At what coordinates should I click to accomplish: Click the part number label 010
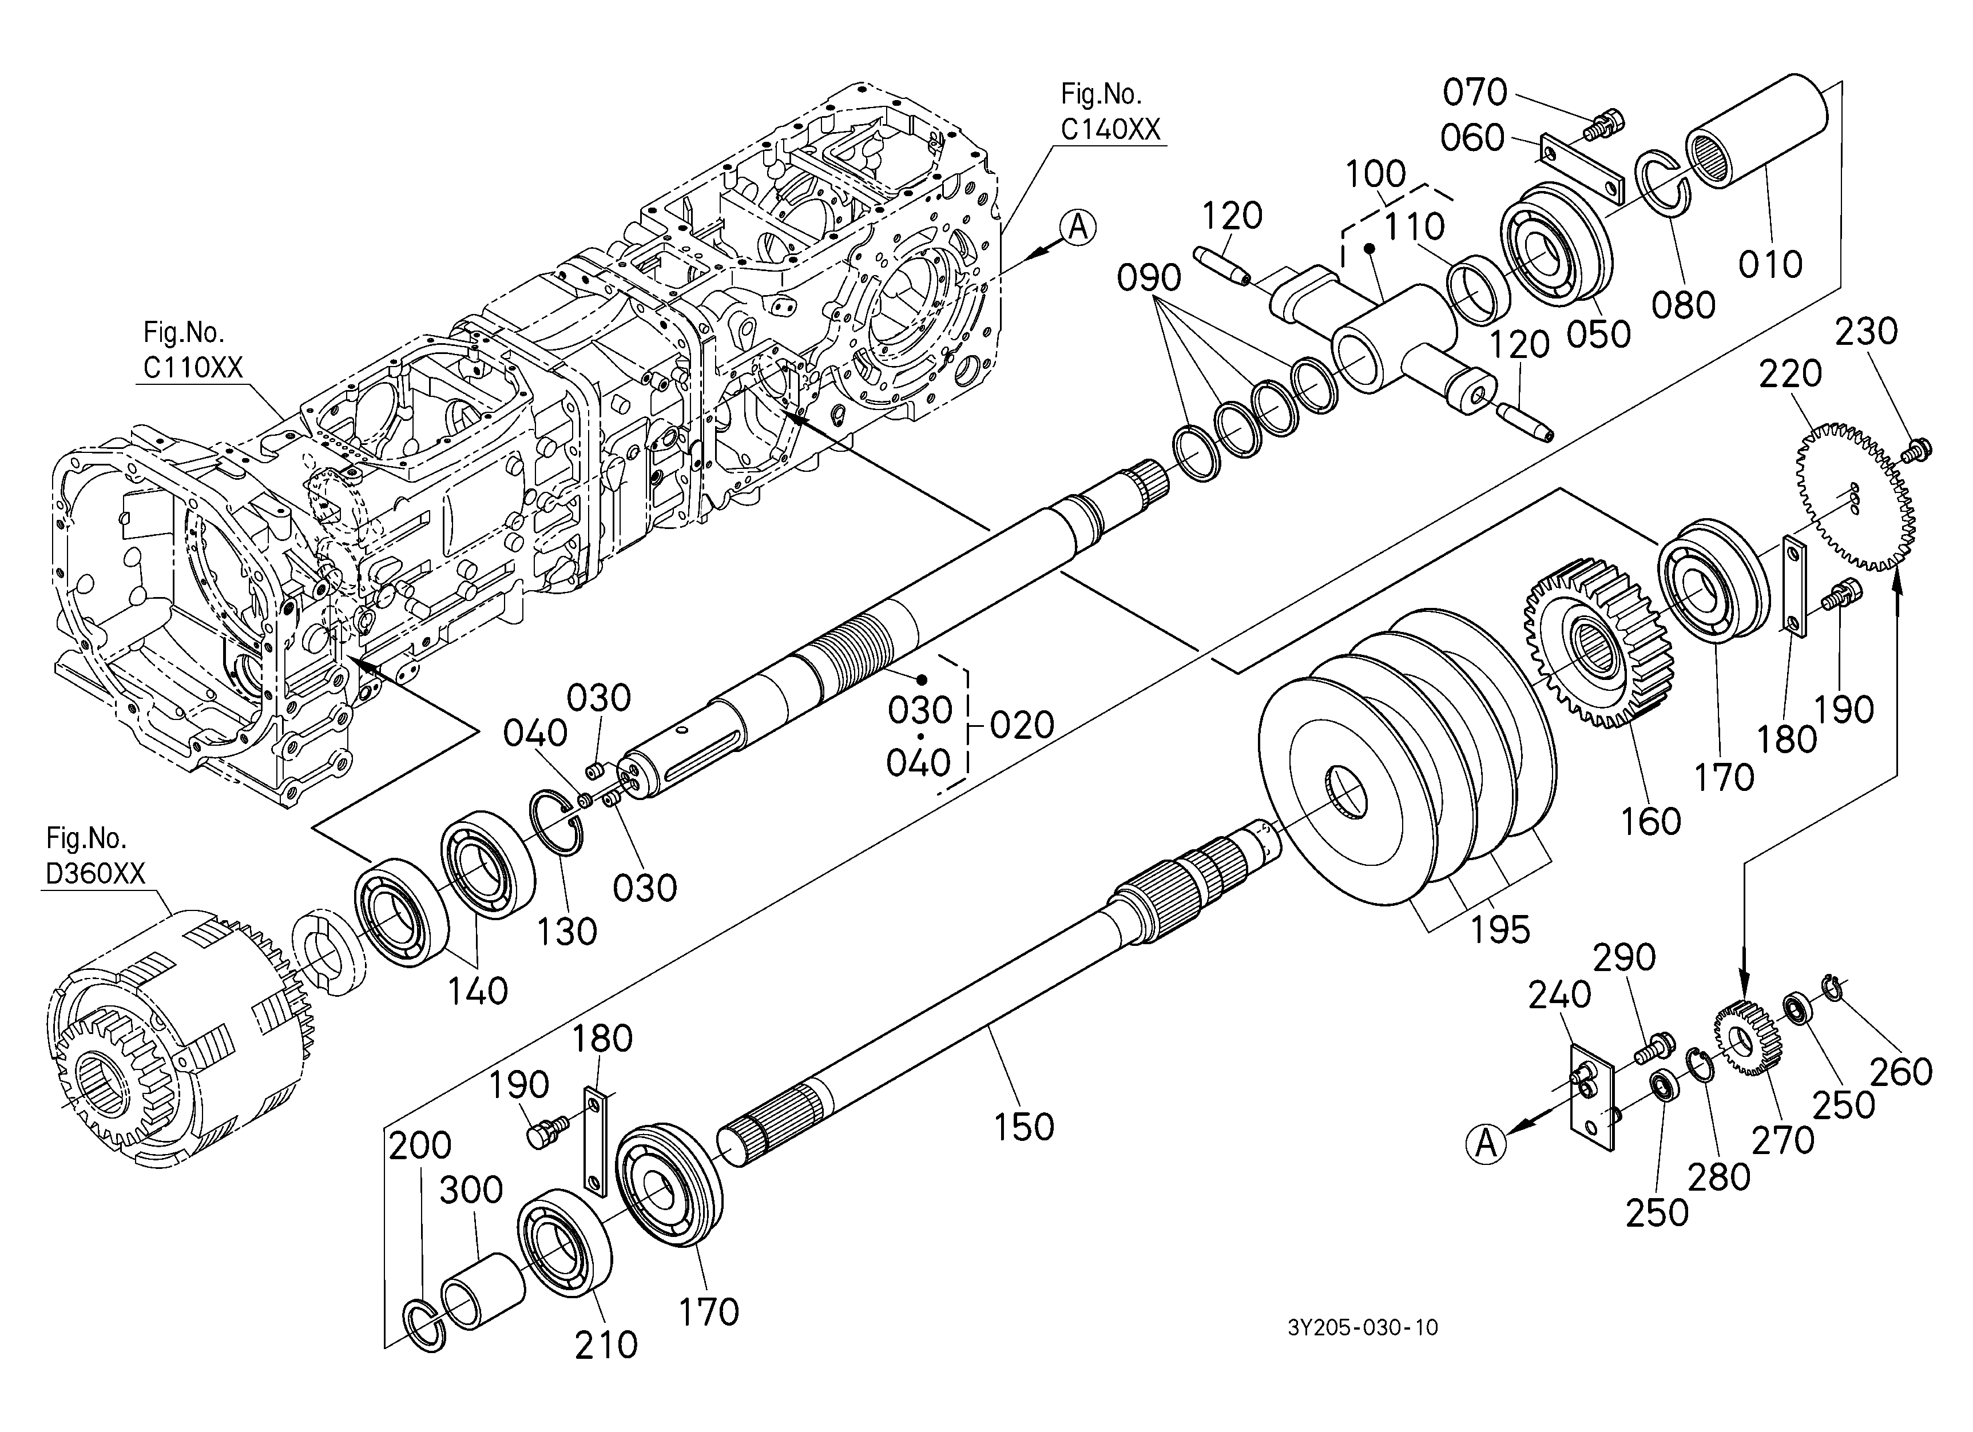[1770, 264]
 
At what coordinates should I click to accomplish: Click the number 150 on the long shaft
[1024, 1127]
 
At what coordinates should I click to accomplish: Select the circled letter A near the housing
[1078, 227]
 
